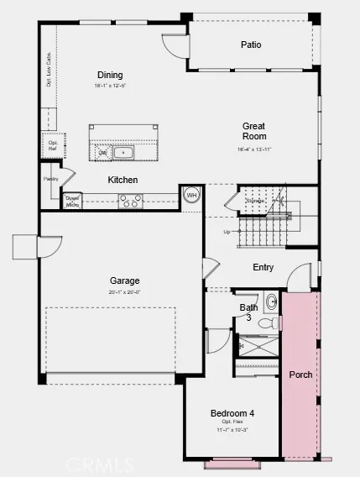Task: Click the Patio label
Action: coord(251,45)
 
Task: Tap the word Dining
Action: coord(110,74)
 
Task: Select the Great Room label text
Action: coord(254,131)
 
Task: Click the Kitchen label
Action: coord(123,180)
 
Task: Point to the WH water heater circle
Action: coord(191,195)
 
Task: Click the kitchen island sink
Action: coord(123,152)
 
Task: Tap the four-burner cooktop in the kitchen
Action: coord(130,201)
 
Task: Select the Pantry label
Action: coord(51,178)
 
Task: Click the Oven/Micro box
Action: coord(72,201)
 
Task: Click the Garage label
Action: coord(124,280)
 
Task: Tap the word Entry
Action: coord(263,268)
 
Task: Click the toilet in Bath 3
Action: coord(266,322)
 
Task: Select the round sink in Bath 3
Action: coord(271,301)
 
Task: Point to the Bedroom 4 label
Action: coord(232,413)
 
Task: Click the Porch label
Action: coord(300,374)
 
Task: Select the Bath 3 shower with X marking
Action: coord(257,347)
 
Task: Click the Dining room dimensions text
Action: coord(110,86)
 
